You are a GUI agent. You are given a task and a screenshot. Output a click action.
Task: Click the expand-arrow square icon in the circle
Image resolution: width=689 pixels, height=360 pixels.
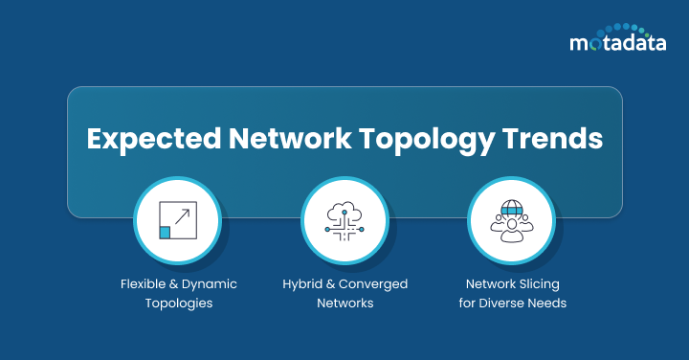(178, 220)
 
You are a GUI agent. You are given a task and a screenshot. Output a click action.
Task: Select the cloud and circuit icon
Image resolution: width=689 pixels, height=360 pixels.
(344, 221)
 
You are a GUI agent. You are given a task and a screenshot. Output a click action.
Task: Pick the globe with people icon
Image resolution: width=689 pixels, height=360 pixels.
(511, 221)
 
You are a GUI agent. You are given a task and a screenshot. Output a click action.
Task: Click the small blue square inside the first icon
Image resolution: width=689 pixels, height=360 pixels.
(166, 233)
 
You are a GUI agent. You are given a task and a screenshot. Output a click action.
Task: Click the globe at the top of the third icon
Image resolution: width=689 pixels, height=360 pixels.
(511, 208)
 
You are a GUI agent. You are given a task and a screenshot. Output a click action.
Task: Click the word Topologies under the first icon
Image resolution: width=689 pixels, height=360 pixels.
(179, 303)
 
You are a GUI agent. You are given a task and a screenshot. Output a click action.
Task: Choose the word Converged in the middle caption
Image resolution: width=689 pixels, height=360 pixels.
(376, 284)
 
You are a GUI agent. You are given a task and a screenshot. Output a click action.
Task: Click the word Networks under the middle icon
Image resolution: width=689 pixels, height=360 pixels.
(344, 303)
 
